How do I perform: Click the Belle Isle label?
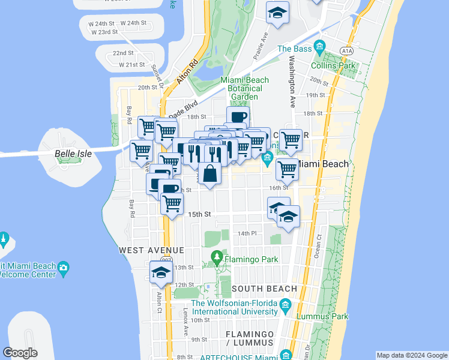(x=73, y=154)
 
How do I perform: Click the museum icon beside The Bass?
(x=319, y=47)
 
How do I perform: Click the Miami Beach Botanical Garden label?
(x=243, y=88)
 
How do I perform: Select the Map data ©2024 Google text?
(x=411, y=355)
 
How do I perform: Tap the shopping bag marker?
(x=210, y=174)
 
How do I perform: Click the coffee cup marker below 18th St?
(x=238, y=116)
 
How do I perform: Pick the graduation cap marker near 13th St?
(x=161, y=272)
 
